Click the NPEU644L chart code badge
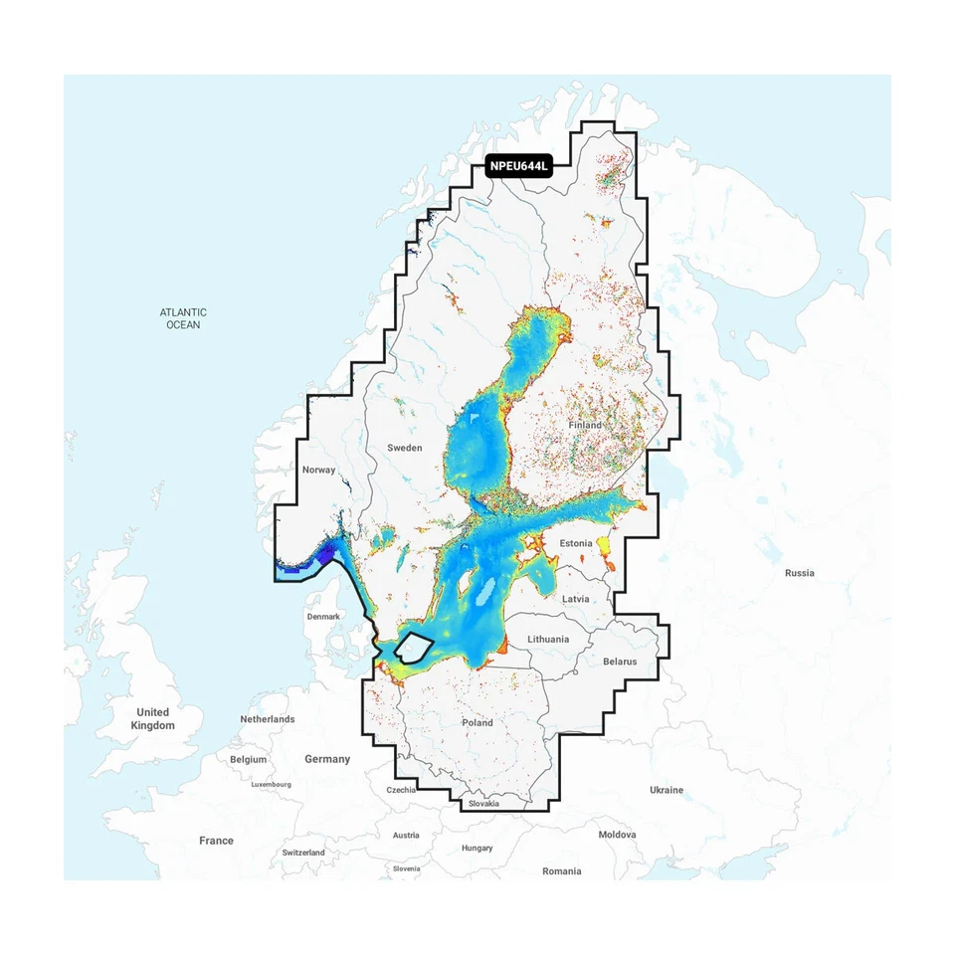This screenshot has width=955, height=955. coord(518,167)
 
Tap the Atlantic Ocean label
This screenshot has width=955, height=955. coord(183,318)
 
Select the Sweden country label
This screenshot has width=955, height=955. coord(405,448)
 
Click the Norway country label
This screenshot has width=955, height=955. coord(318,470)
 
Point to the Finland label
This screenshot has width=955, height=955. coord(585,425)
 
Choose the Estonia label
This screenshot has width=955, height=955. coord(576,543)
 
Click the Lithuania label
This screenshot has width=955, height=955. coord(548,639)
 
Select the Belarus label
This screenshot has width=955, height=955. coord(619,661)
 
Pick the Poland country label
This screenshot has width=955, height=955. coord(477,722)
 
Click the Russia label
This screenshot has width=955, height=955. coord(799,573)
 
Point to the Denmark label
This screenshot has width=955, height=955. coord(323,617)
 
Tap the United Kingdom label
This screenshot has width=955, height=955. coord(152,718)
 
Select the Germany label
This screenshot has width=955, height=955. coord(327,759)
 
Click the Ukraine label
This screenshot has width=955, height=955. coord(667,790)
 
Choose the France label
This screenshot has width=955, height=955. coord(216,841)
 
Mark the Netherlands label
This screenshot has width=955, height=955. coord(267,719)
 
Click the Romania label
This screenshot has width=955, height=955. coord(561,871)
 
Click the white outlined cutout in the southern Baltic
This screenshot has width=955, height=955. coord(413,649)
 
